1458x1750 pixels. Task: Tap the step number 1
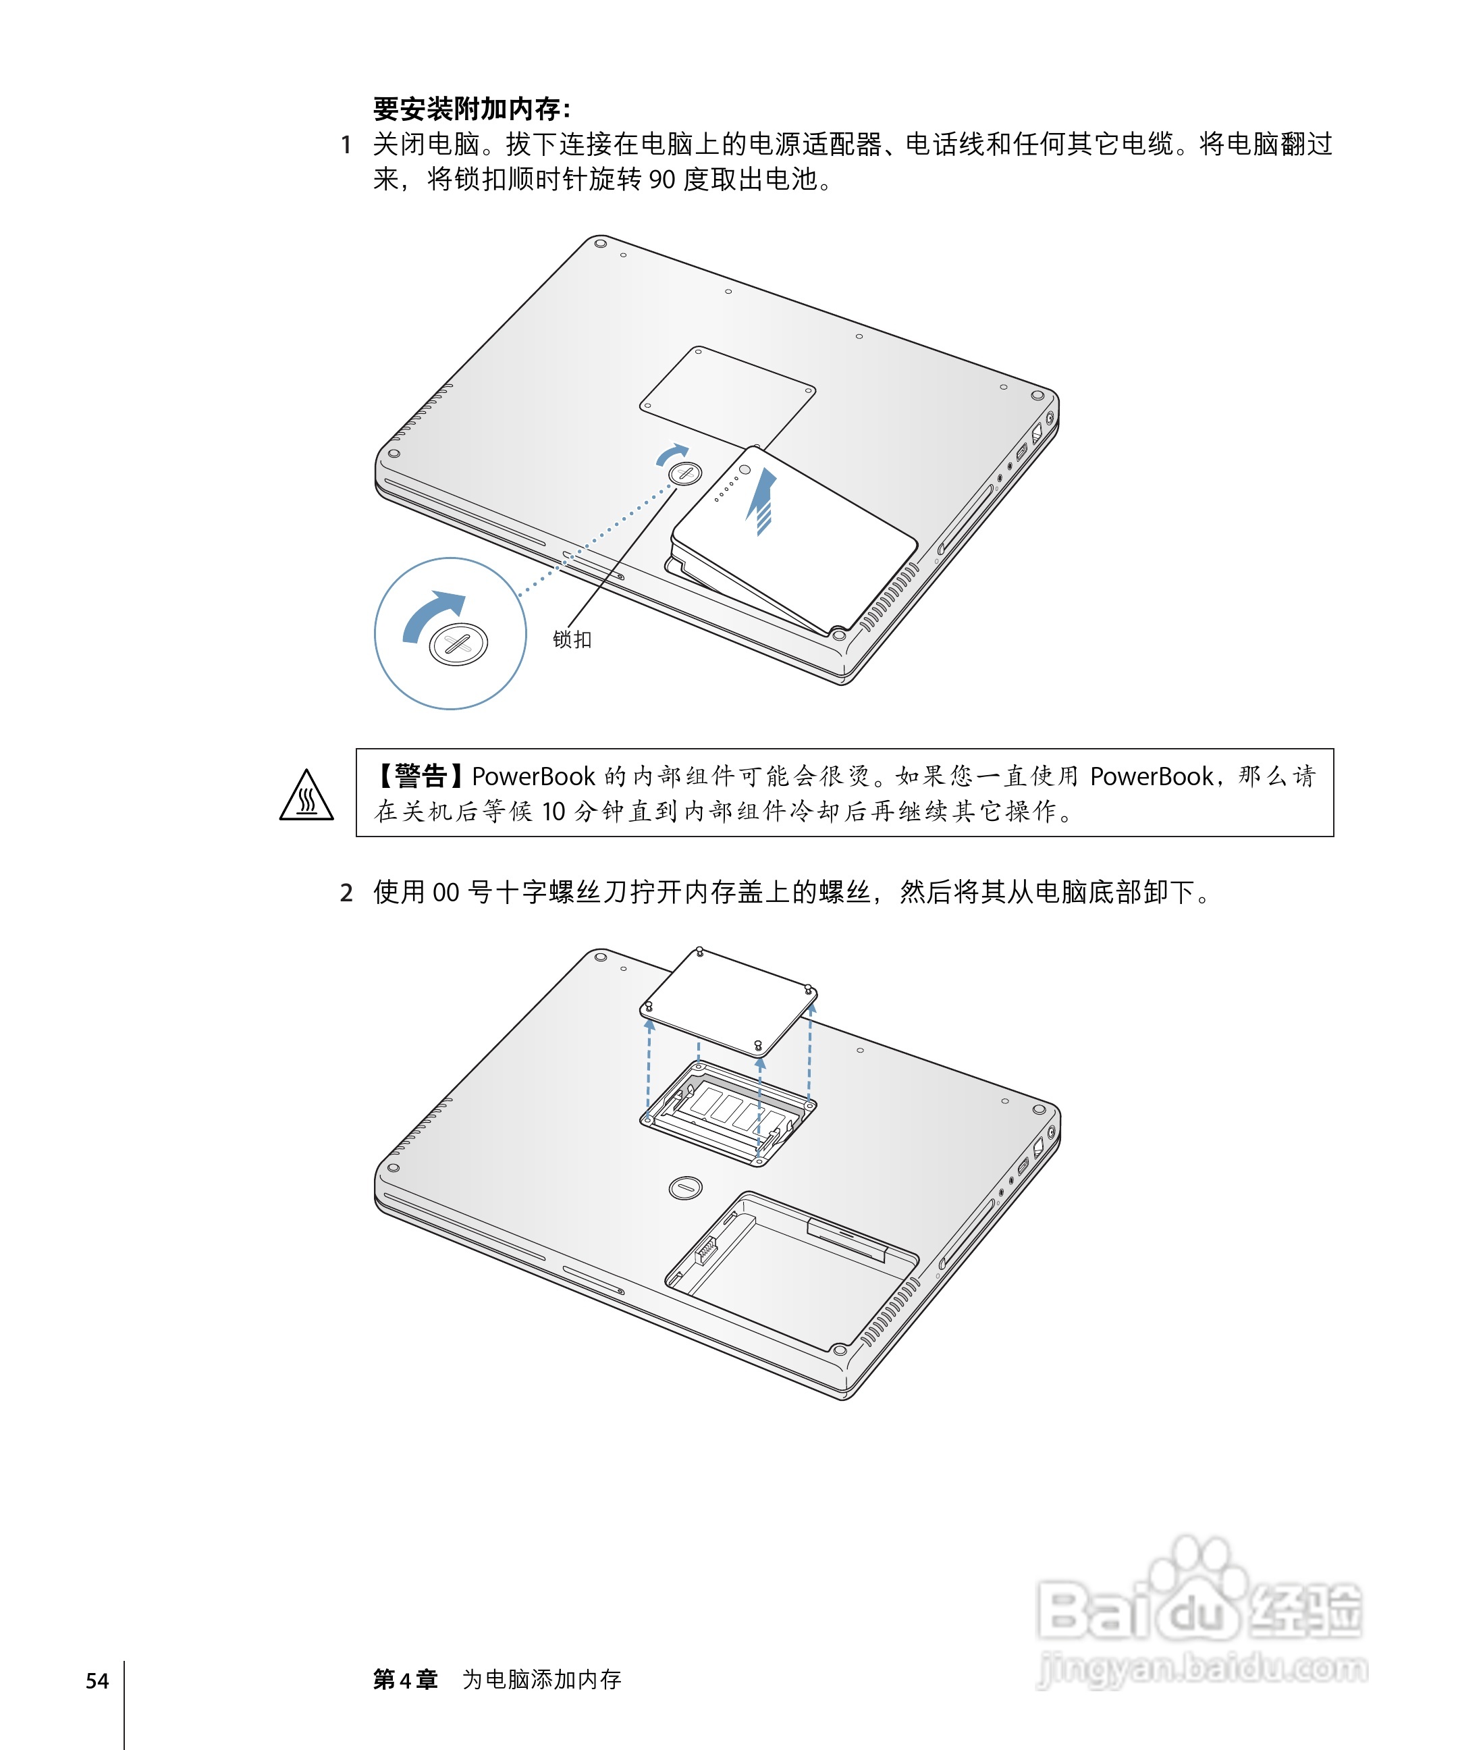click(346, 145)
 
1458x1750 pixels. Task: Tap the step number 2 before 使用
click(346, 893)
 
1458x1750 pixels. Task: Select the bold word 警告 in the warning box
click(421, 776)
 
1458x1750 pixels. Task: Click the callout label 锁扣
click(572, 639)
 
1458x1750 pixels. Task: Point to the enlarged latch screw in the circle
click(458, 643)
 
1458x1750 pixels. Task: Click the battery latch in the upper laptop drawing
click(685, 473)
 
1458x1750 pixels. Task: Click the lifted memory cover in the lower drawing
click(728, 1003)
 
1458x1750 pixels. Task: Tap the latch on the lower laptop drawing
click(686, 1188)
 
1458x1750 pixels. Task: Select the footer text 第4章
click(405, 1680)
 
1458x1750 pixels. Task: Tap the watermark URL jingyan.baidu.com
click(1202, 1668)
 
